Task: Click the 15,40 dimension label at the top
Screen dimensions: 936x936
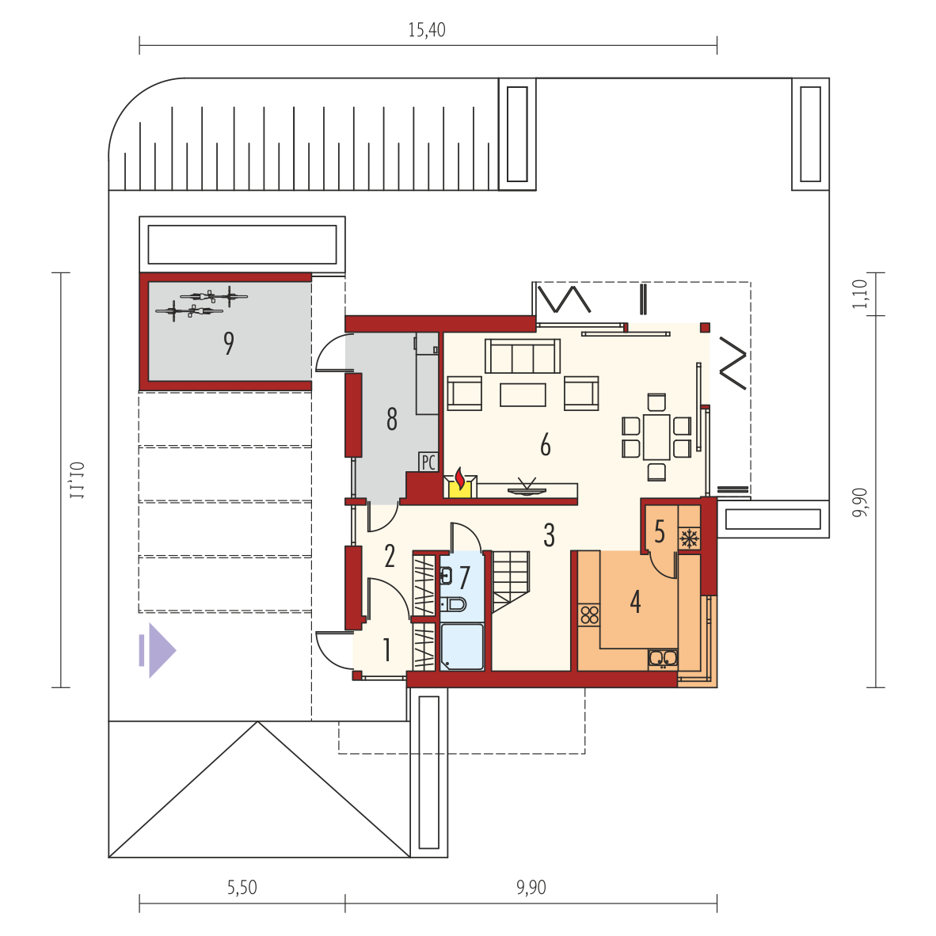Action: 426,30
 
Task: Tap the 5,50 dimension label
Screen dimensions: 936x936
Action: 242,888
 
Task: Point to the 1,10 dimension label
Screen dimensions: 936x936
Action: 860,295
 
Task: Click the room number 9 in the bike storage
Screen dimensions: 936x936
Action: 229,343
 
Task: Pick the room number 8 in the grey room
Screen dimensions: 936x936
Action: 392,419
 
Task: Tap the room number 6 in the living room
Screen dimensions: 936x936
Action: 545,445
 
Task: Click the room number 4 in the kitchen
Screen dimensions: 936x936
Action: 635,602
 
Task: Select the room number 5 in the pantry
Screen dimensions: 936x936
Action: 659,531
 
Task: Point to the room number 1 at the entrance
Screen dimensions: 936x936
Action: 386,650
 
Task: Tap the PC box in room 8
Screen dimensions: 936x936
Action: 428,462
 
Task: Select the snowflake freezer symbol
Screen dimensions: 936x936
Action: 690,538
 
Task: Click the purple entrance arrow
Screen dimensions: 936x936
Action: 158,650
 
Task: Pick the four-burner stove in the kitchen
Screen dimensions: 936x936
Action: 589,614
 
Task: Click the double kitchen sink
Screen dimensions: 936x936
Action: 663,658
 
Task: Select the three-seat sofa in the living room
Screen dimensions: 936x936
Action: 523,356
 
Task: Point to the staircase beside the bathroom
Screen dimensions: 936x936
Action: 511,581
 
